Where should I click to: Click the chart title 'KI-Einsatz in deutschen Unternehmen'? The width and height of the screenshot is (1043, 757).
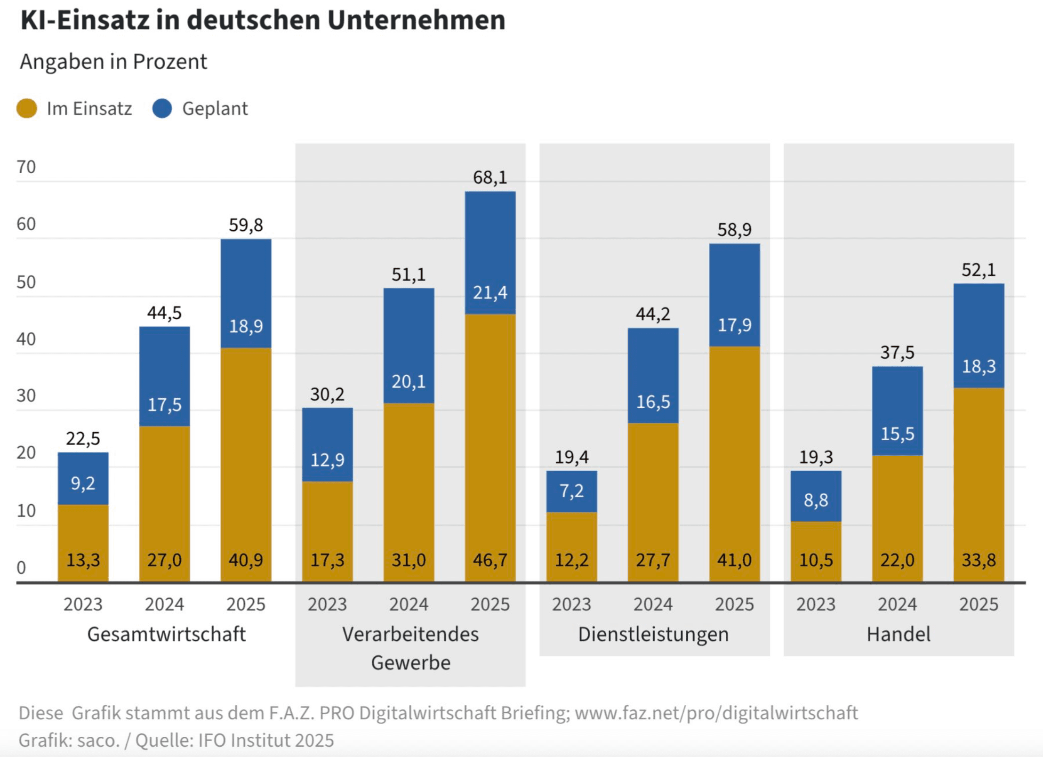[263, 21]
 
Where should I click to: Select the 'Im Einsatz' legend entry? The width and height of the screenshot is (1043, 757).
[75, 109]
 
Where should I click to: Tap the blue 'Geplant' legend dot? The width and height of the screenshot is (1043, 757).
[162, 108]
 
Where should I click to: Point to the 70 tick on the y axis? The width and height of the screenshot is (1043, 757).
[26, 167]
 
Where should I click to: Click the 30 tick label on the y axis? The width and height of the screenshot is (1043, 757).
[26, 396]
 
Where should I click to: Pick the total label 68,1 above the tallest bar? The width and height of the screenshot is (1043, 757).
[490, 177]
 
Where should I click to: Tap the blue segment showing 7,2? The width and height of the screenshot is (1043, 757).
[571, 491]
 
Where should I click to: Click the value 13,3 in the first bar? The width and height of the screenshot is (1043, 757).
[83, 560]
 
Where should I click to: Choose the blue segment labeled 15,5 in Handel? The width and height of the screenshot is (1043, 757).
[897, 434]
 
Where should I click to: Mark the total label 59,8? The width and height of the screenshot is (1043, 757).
[246, 225]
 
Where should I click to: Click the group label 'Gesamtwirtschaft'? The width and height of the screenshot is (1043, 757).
[166, 634]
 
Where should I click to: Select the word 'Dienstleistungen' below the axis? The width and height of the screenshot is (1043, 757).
[653, 634]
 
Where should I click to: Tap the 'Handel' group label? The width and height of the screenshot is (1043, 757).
[899, 634]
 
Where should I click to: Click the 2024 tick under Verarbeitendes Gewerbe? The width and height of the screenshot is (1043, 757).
[409, 604]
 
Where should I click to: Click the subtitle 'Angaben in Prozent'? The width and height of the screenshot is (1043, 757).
[113, 62]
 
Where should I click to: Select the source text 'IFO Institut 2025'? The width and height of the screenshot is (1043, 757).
[266, 741]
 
